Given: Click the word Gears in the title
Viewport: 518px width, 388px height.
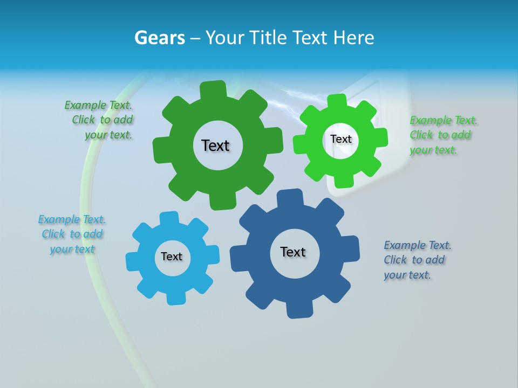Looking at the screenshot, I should pyautogui.click(x=159, y=38).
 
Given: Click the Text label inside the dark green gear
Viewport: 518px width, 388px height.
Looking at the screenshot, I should pyautogui.click(x=215, y=145).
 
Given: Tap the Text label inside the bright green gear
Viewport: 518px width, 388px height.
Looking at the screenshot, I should pyautogui.click(x=341, y=139).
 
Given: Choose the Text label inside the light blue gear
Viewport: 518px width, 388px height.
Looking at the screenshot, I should pyautogui.click(x=172, y=257).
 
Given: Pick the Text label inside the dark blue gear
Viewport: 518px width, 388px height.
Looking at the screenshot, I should pyautogui.click(x=293, y=252).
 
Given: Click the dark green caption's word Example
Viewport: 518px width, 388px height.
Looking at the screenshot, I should pyautogui.click(x=85, y=105).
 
